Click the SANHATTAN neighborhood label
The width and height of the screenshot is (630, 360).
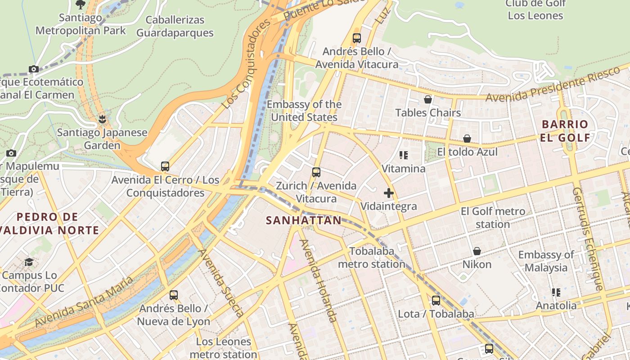(303, 220)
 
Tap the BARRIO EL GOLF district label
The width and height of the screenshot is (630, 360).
(565, 131)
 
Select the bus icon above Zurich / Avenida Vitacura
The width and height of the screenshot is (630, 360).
(316, 172)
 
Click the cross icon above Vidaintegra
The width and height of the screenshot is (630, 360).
(389, 193)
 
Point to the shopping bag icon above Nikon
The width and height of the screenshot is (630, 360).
(477, 251)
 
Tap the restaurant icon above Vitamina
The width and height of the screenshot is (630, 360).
(404, 155)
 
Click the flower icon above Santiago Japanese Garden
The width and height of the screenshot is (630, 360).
(103, 119)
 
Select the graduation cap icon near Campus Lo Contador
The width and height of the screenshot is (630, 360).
(29, 262)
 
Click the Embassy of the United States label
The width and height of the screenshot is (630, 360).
(304, 111)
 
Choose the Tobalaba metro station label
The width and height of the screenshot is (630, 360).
(372, 257)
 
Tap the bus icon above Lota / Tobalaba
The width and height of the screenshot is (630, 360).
(436, 301)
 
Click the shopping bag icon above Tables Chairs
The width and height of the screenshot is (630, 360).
(428, 99)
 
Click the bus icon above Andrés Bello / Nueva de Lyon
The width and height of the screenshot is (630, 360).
(174, 295)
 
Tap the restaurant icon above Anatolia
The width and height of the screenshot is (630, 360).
(556, 292)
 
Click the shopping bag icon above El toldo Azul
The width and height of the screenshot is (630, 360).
(467, 139)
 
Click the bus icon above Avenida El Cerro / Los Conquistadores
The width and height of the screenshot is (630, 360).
(165, 166)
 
